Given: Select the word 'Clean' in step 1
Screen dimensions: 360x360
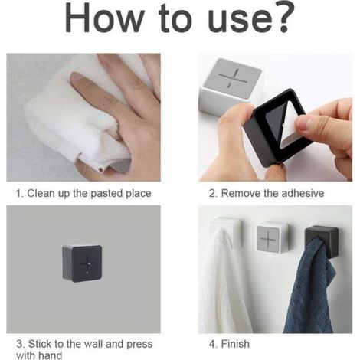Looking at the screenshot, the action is (41, 193).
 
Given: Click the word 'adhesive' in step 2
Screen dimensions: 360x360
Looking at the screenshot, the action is (303, 193).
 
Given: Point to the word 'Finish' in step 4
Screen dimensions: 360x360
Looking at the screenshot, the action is (235, 344).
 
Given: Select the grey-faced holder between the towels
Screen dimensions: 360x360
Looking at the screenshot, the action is (272, 238).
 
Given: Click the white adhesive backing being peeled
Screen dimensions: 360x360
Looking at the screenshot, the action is (289, 128).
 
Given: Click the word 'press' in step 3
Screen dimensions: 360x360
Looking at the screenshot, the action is (139, 345).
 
